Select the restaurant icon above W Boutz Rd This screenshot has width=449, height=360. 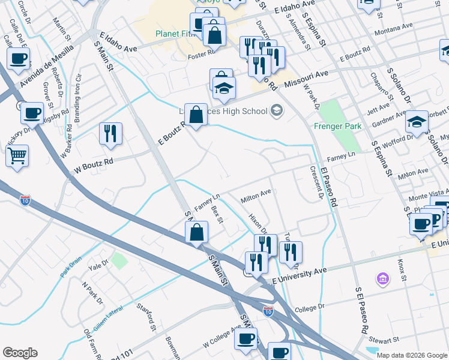[110, 133]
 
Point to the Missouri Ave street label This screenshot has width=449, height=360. [306, 78]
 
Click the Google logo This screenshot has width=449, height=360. [20, 353]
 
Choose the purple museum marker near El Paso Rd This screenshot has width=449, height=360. [382, 278]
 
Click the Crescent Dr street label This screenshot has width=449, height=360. [317, 183]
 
